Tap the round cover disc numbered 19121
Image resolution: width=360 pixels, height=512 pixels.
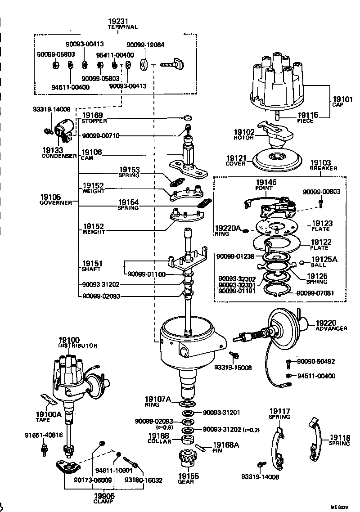274,158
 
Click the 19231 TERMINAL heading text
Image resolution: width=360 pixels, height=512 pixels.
122,23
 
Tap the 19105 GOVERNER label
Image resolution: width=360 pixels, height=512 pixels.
56,199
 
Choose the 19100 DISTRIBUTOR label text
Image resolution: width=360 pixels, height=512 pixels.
77,343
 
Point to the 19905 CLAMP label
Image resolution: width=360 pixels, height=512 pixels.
104,498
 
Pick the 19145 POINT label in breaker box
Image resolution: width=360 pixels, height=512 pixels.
266,184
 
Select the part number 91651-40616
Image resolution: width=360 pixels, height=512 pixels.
44,436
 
